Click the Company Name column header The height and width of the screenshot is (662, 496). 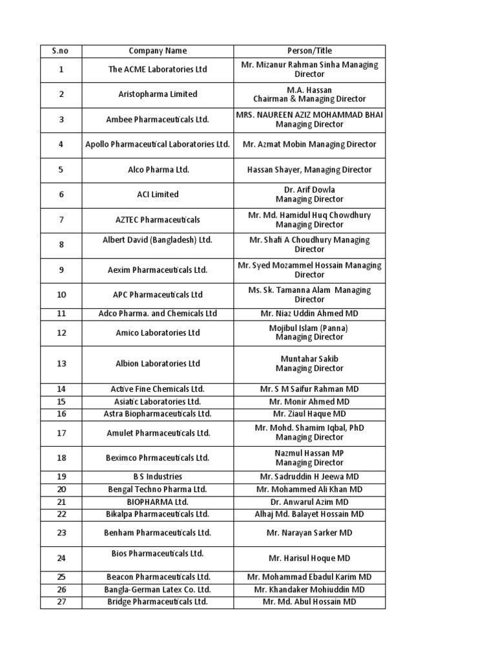(x=158, y=51)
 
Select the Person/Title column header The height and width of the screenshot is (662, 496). (x=309, y=51)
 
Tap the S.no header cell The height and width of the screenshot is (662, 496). (x=61, y=51)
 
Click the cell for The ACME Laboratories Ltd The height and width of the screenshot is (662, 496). (x=158, y=69)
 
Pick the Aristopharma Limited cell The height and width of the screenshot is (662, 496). (x=158, y=94)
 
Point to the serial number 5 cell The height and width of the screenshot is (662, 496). (x=61, y=170)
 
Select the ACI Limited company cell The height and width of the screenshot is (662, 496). (x=158, y=195)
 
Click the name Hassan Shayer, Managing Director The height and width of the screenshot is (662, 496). (x=309, y=170)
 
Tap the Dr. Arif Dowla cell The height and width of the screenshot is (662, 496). (x=309, y=195)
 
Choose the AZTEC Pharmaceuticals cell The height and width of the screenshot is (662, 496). (x=158, y=220)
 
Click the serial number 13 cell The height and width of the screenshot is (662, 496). (x=61, y=364)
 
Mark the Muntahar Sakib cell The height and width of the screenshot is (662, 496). (x=309, y=364)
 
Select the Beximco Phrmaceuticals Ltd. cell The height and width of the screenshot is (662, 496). (x=158, y=458)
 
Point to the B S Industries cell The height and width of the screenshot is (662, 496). (x=158, y=477)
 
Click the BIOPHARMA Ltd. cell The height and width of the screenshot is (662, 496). (x=158, y=502)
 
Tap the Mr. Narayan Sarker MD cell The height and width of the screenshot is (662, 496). (x=309, y=533)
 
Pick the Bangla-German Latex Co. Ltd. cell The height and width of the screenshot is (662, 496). (x=158, y=590)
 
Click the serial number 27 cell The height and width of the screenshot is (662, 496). (x=61, y=602)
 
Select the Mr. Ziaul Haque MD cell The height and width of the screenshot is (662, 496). (x=309, y=414)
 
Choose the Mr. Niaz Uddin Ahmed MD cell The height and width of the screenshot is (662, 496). (x=309, y=314)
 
